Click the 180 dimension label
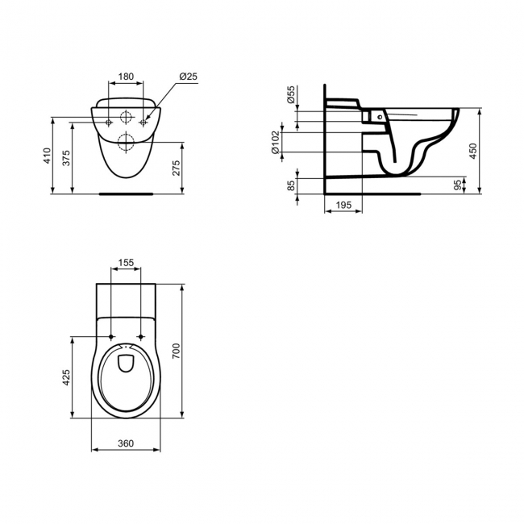126,77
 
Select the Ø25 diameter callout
189,77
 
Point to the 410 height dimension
48,156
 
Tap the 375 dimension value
67,159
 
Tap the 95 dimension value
457,185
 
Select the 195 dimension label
343,207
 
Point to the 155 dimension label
125,263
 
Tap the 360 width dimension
125,443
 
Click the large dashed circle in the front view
126,144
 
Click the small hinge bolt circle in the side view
379,117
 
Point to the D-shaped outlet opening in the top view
126,362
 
